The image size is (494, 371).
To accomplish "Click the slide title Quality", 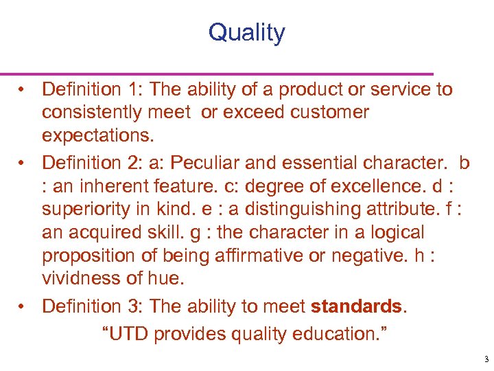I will pyautogui.click(x=246, y=33).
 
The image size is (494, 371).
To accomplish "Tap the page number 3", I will pyautogui.click(x=485, y=359).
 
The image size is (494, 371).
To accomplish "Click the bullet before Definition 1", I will pyautogui.click(x=23, y=89).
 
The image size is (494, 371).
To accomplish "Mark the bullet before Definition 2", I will pyautogui.click(x=23, y=162).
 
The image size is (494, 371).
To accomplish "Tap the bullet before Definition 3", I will pyautogui.click(x=23, y=306).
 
